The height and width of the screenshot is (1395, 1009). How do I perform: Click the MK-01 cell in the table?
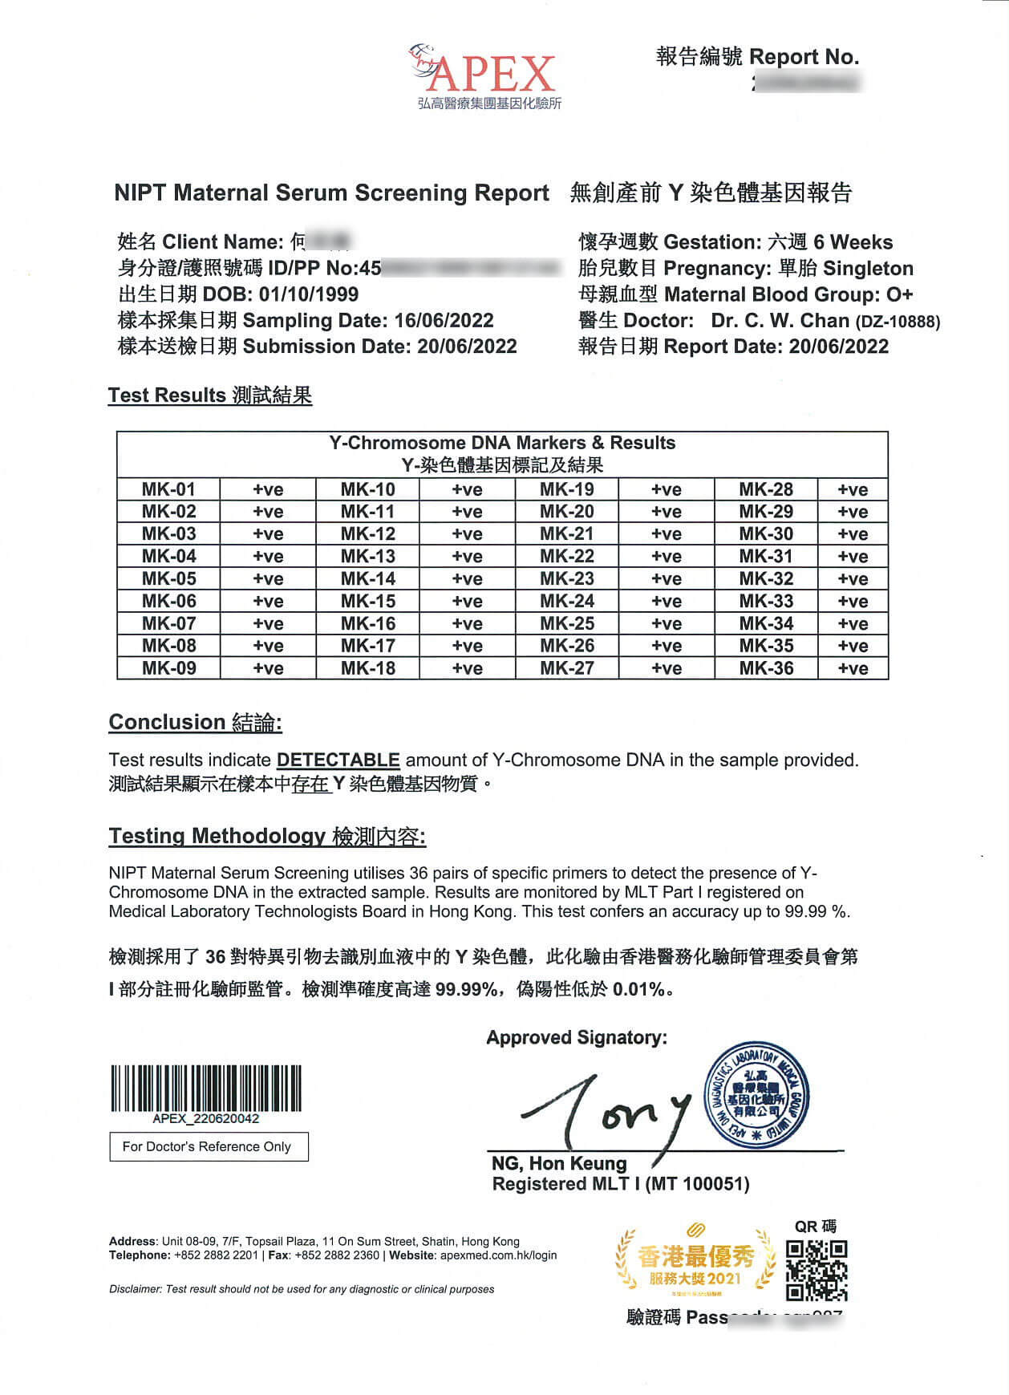[168, 489]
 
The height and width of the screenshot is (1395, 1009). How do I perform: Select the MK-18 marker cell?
[367, 668]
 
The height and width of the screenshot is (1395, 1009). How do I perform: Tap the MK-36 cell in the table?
[766, 668]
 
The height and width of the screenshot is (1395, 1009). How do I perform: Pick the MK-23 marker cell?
[567, 579]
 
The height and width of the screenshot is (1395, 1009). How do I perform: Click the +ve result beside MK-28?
[853, 489]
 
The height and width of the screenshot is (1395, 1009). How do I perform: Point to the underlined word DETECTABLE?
[338, 760]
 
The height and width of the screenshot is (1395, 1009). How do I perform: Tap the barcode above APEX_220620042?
[206, 1088]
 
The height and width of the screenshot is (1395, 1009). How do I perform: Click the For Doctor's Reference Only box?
[209, 1146]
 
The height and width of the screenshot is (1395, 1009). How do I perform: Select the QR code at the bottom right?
[817, 1270]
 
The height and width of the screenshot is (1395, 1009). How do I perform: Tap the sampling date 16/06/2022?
[444, 321]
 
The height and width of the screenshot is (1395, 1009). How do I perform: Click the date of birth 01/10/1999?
[308, 294]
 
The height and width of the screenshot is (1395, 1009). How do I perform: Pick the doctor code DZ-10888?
[898, 322]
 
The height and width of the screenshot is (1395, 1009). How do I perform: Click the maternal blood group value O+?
[899, 294]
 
